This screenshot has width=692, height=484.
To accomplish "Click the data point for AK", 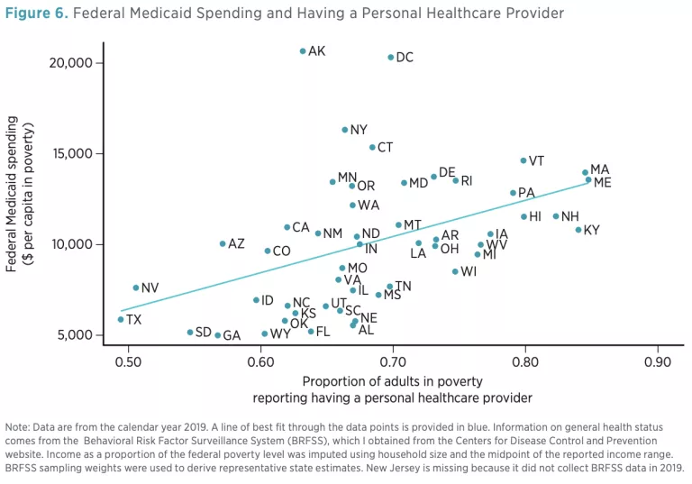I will (x=303, y=51).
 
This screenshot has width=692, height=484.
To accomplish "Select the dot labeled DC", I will (x=391, y=58).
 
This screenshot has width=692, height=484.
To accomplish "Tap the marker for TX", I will (x=121, y=319).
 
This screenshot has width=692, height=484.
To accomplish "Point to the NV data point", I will (x=136, y=288).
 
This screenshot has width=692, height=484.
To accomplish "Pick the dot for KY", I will (x=578, y=230).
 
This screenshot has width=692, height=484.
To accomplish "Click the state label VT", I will (x=536, y=161).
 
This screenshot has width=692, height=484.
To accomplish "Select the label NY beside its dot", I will (x=359, y=131).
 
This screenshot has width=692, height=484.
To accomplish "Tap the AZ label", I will (x=236, y=244).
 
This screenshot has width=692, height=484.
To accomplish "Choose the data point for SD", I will (x=190, y=333).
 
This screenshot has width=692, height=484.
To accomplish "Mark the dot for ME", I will (x=588, y=179).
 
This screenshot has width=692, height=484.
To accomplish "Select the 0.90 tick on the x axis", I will (x=657, y=362).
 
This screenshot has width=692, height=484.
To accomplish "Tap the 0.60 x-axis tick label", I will (x=260, y=362).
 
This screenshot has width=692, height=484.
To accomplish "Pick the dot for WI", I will (x=455, y=271).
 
